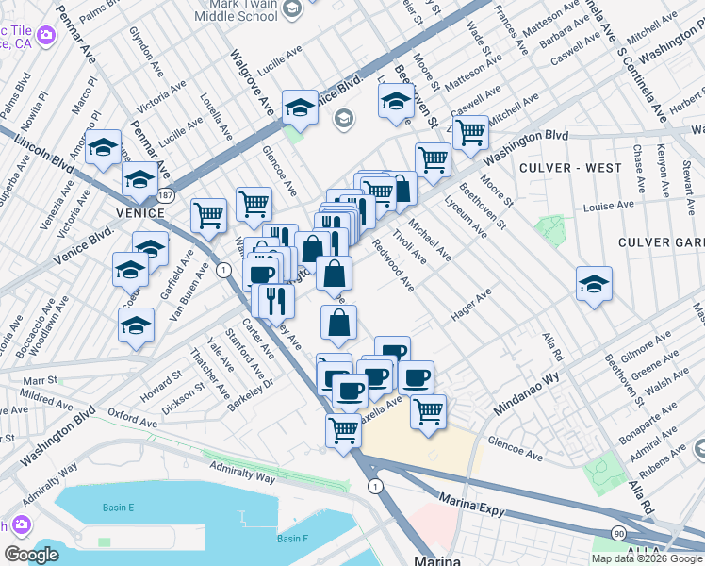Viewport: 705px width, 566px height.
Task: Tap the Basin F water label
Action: [292, 539]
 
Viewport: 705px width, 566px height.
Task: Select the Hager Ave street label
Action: [471, 307]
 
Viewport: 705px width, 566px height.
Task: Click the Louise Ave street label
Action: [609, 206]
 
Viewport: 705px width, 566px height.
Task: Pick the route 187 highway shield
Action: [166, 195]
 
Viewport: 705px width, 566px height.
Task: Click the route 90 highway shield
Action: [617, 534]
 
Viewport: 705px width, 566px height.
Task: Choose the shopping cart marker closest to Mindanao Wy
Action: [428, 411]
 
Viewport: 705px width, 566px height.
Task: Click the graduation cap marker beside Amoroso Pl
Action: [103, 146]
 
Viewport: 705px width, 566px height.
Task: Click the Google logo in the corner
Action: [31, 555]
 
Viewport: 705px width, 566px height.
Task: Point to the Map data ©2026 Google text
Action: [647, 558]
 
